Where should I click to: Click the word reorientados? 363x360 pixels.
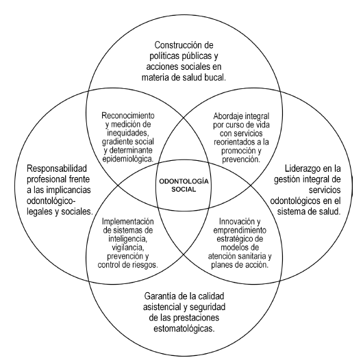coord(221,134)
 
